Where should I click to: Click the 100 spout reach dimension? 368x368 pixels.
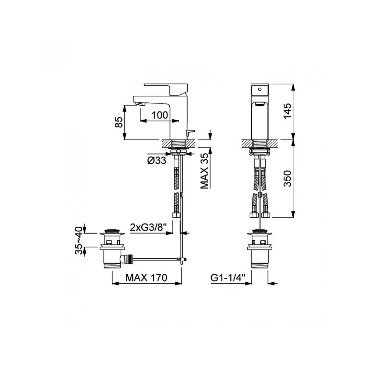(160, 115)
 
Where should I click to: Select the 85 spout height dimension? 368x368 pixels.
(119, 122)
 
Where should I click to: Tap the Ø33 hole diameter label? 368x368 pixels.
(157, 160)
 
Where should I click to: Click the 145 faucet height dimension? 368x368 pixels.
(287, 111)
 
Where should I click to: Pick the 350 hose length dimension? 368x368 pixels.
(287, 178)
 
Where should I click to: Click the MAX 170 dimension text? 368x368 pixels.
(146, 278)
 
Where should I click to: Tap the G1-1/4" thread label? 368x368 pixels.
(228, 278)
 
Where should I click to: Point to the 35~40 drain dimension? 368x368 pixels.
(79, 240)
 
